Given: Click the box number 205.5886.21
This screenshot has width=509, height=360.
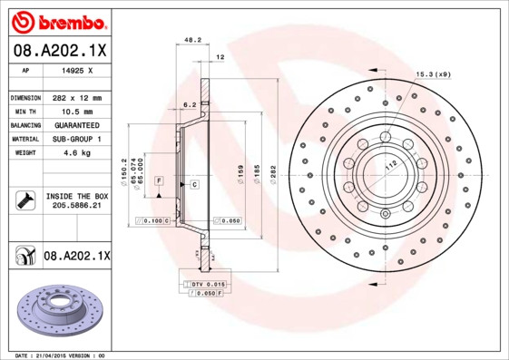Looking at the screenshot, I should [x=76, y=206].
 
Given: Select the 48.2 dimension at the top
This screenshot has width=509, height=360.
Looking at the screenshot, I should [x=192, y=41].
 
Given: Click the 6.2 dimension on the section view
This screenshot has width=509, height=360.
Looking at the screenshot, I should [x=190, y=105].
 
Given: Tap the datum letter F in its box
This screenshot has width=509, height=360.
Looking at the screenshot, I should [x=159, y=182].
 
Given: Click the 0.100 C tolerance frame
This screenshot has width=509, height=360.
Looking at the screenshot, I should [x=152, y=220].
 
